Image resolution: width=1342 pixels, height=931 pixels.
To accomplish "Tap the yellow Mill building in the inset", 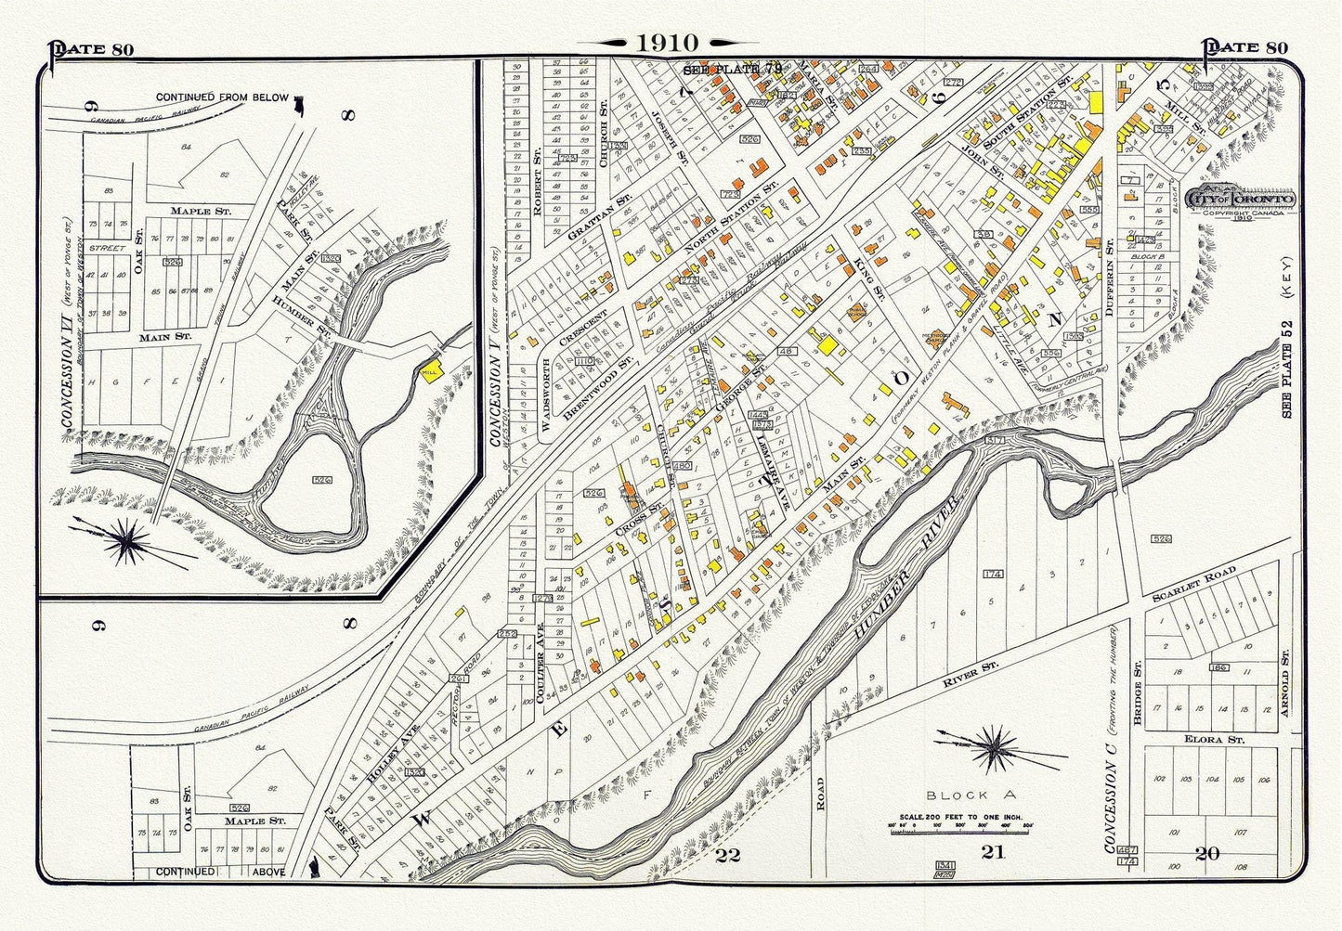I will [x=429, y=369].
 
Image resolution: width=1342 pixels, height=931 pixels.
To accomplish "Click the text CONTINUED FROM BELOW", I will [x=222, y=97].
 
